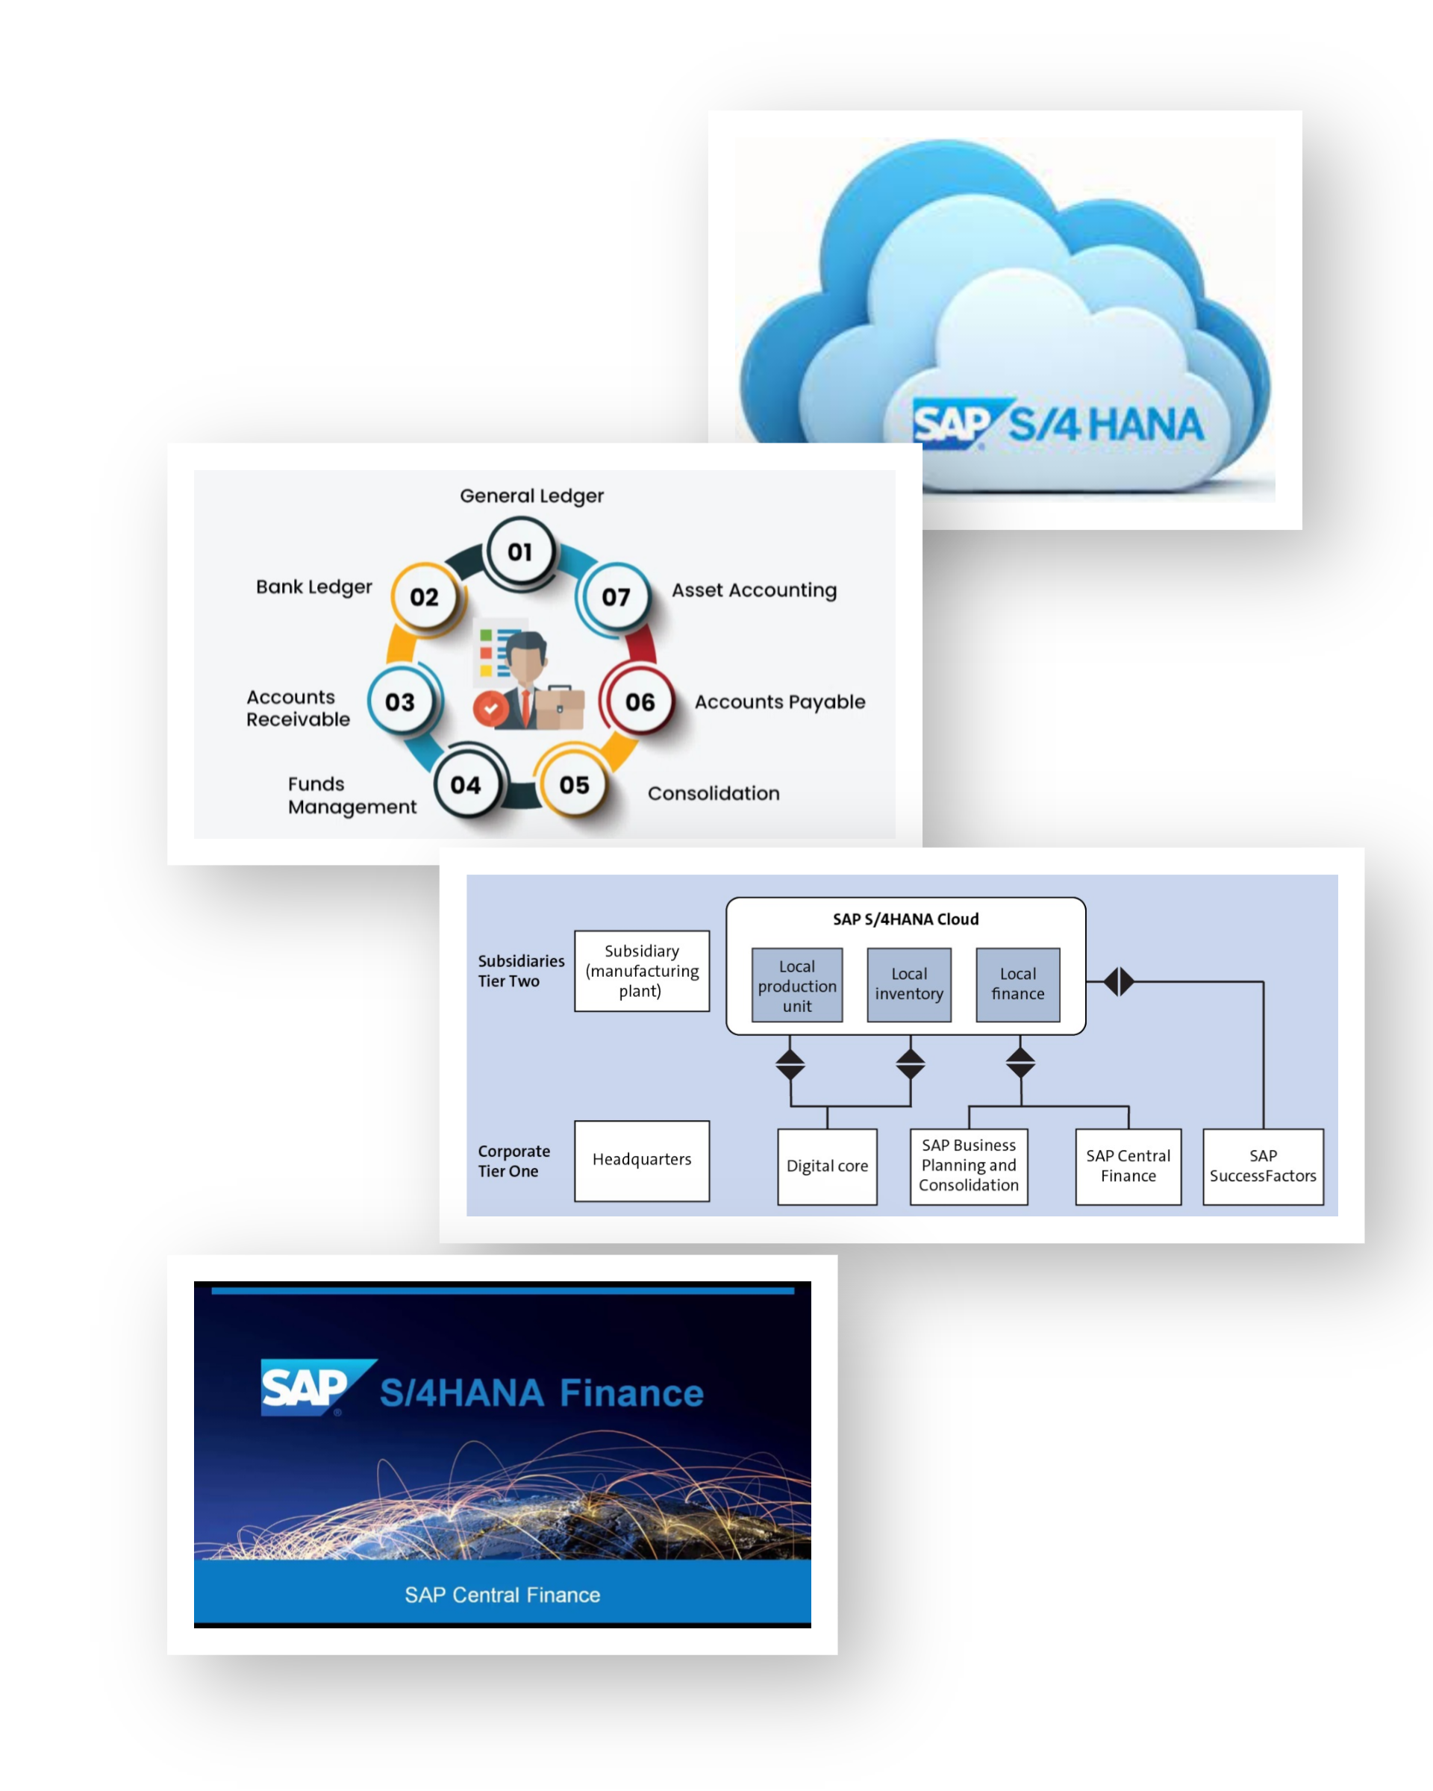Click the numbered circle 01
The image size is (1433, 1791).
pyautogui.click(x=520, y=551)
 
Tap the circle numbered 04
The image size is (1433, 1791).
pyautogui.click(x=466, y=784)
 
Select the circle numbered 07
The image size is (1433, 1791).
pyautogui.click(x=616, y=596)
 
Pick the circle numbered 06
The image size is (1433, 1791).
pyautogui.click(x=640, y=702)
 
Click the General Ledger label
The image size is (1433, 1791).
pyautogui.click(x=531, y=496)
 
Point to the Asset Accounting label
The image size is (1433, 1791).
pyautogui.click(x=754, y=590)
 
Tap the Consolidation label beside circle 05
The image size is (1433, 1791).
pyautogui.click(x=714, y=793)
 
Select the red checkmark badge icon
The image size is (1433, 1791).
pyautogui.click(x=490, y=709)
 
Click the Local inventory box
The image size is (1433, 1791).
pyautogui.click(x=909, y=984)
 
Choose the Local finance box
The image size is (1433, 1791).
pyautogui.click(x=1017, y=984)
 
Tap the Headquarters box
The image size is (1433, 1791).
pyautogui.click(x=641, y=1160)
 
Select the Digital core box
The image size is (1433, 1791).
pyautogui.click(x=826, y=1166)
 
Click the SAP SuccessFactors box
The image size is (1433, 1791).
pyautogui.click(x=1263, y=1166)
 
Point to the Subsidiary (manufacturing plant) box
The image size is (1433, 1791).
pyautogui.click(x=641, y=971)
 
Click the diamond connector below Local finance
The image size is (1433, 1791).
pyautogui.click(x=1020, y=1062)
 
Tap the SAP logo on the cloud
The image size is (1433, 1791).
pyautogui.click(x=953, y=424)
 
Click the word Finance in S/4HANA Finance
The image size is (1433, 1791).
pyautogui.click(x=631, y=1393)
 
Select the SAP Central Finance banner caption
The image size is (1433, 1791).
pyautogui.click(x=502, y=1595)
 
